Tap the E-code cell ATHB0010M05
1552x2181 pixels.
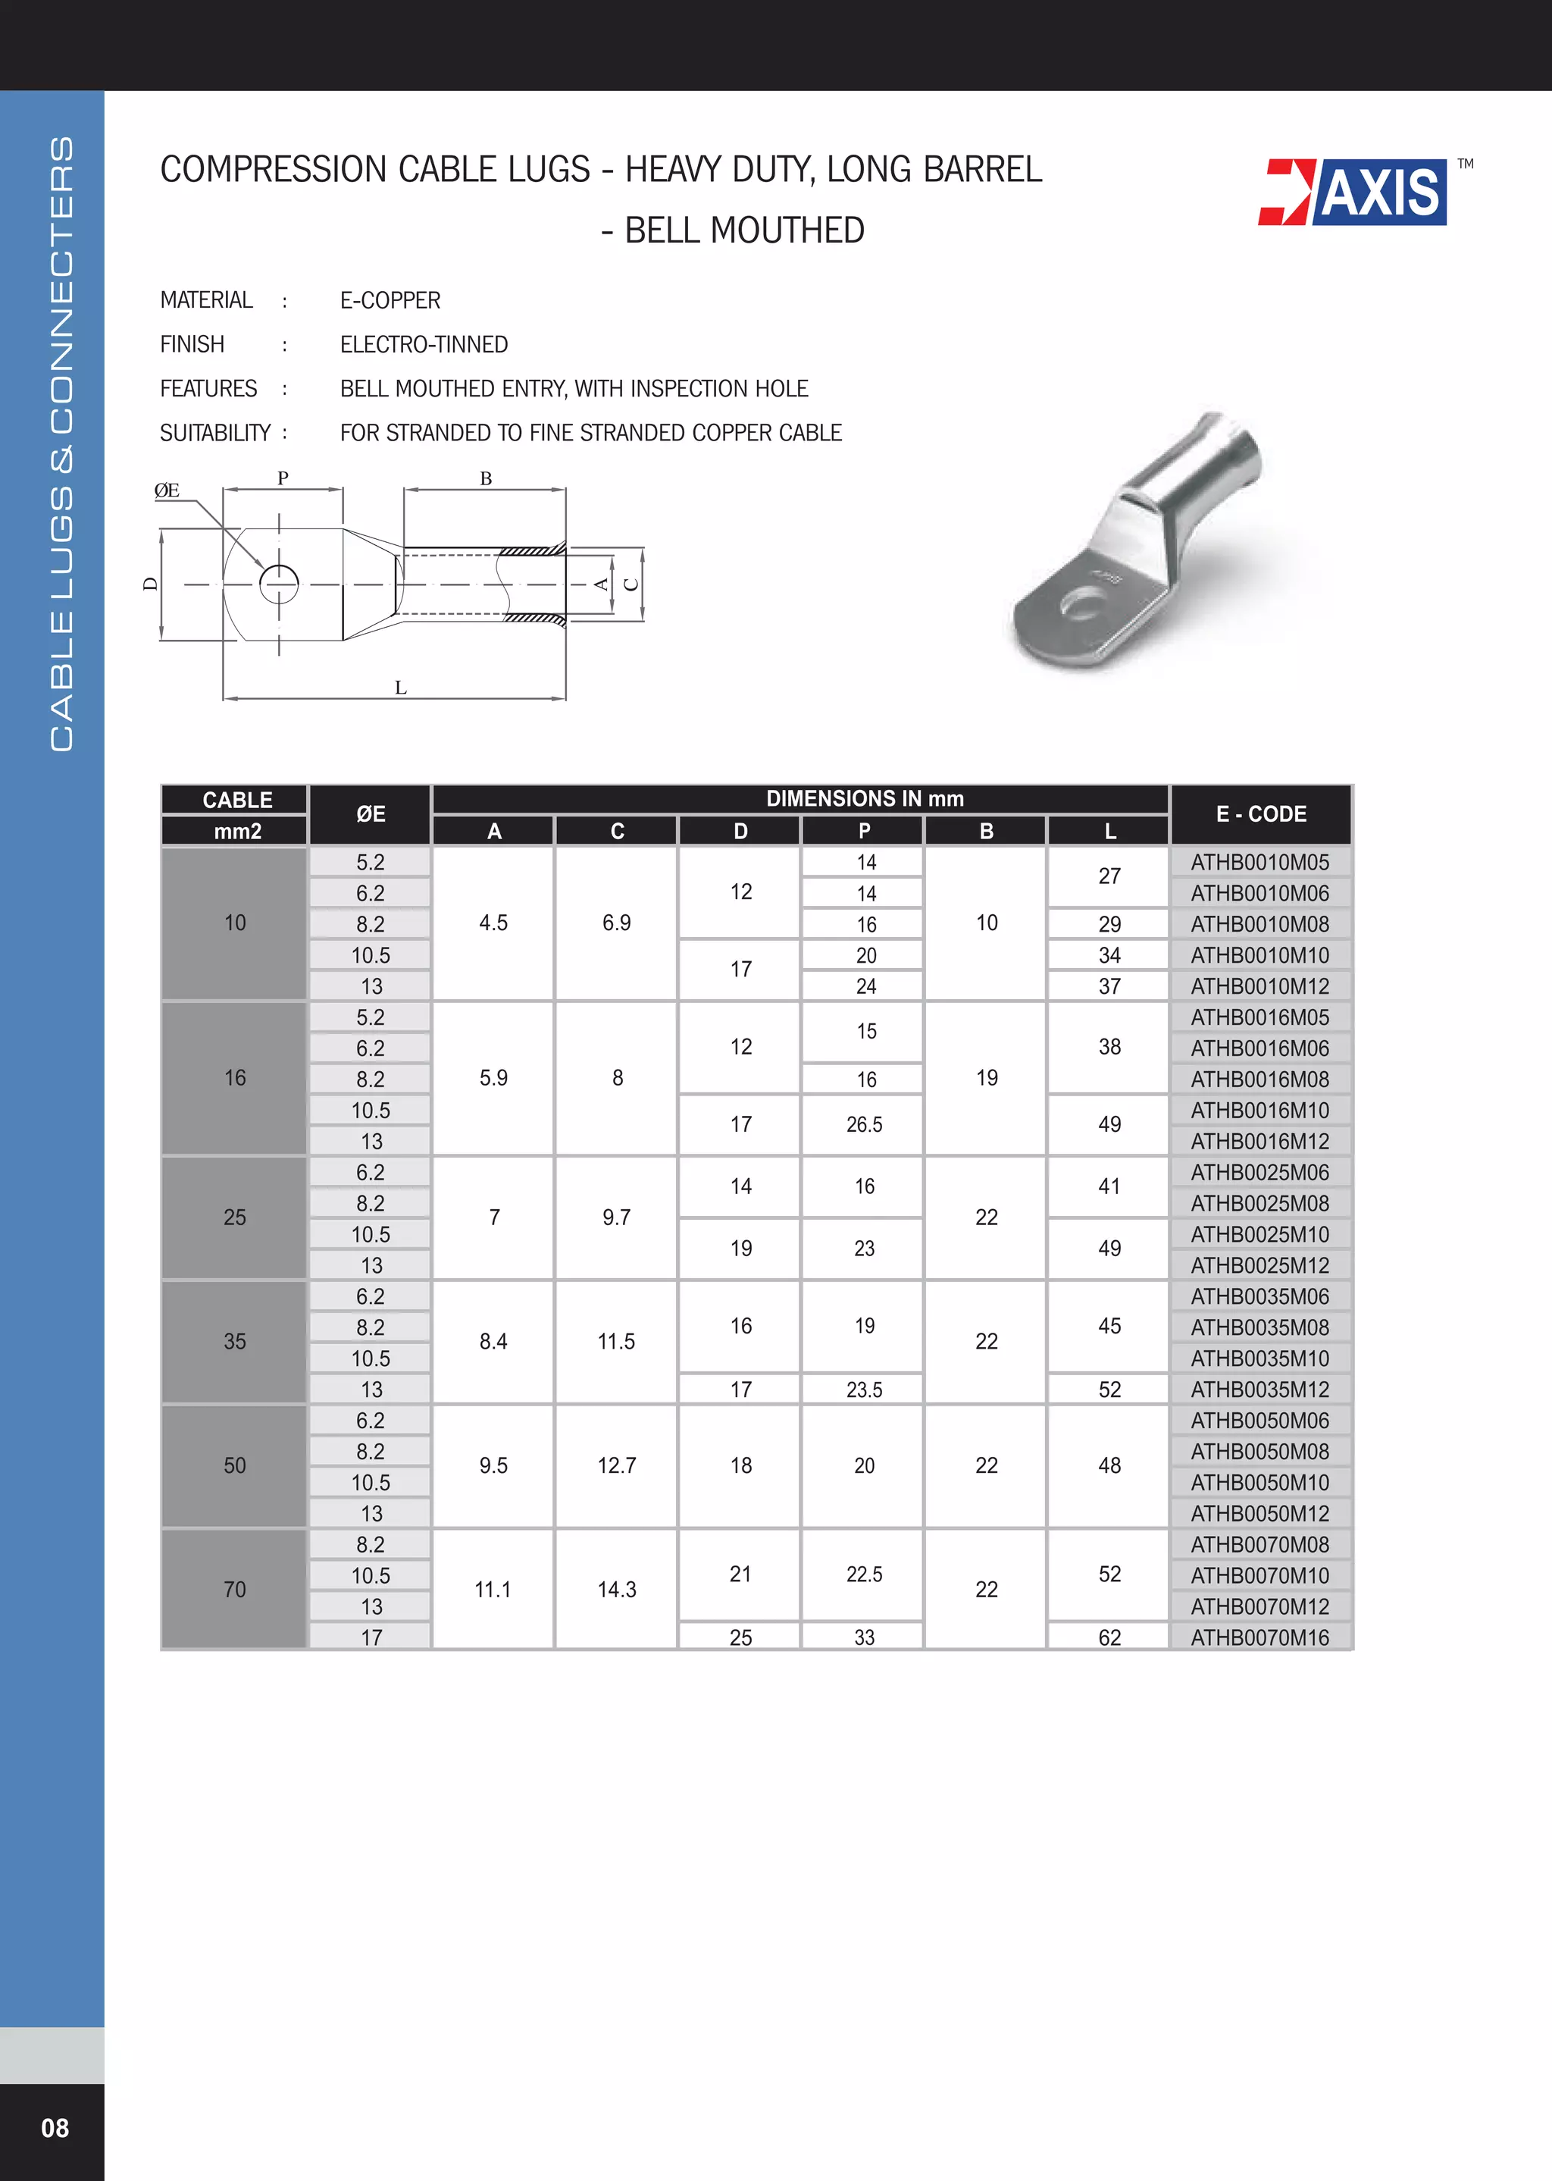(1259, 862)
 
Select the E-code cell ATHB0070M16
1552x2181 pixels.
(1259, 1637)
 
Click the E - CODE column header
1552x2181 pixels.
(1259, 814)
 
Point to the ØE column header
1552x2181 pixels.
(370, 814)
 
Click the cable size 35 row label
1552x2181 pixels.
(234, 1342)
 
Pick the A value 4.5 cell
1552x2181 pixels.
(493, 923)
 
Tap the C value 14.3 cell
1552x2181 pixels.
(616, 1590)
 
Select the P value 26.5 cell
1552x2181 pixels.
(864, 1125)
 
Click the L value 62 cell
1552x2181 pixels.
(1109, 1637)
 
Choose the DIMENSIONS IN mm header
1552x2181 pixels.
(864, 799)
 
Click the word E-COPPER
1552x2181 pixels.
(390, 301)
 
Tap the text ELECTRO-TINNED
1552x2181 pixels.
(424, 345)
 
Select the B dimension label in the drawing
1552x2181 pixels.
(486, 479)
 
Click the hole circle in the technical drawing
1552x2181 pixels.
(279, 584)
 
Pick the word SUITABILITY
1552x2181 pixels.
(215, 434)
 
